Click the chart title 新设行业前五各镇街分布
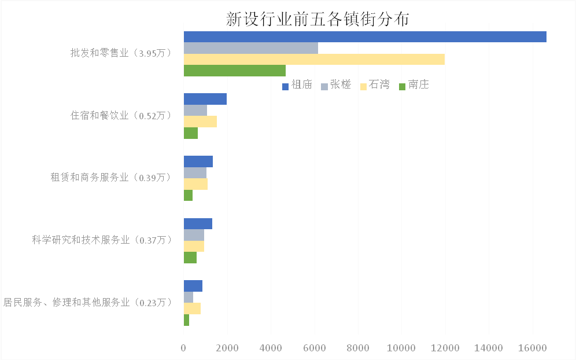[318, 19]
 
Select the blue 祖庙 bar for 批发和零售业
[364, 36]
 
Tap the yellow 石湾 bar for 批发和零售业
[314, 59]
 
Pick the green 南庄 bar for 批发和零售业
[234, 71]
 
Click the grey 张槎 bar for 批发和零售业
[250, 48]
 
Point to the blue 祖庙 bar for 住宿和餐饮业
[205, 99]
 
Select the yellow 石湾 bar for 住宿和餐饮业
[200, 122]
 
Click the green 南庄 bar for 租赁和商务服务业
[188, 196]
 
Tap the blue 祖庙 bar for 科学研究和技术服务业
[198, 224]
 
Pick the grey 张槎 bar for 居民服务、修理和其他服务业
[189, 297]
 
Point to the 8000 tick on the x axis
[358, 348]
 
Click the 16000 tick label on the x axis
[532, 348]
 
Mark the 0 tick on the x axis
[184, 348]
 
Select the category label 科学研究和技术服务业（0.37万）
[102, 240]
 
